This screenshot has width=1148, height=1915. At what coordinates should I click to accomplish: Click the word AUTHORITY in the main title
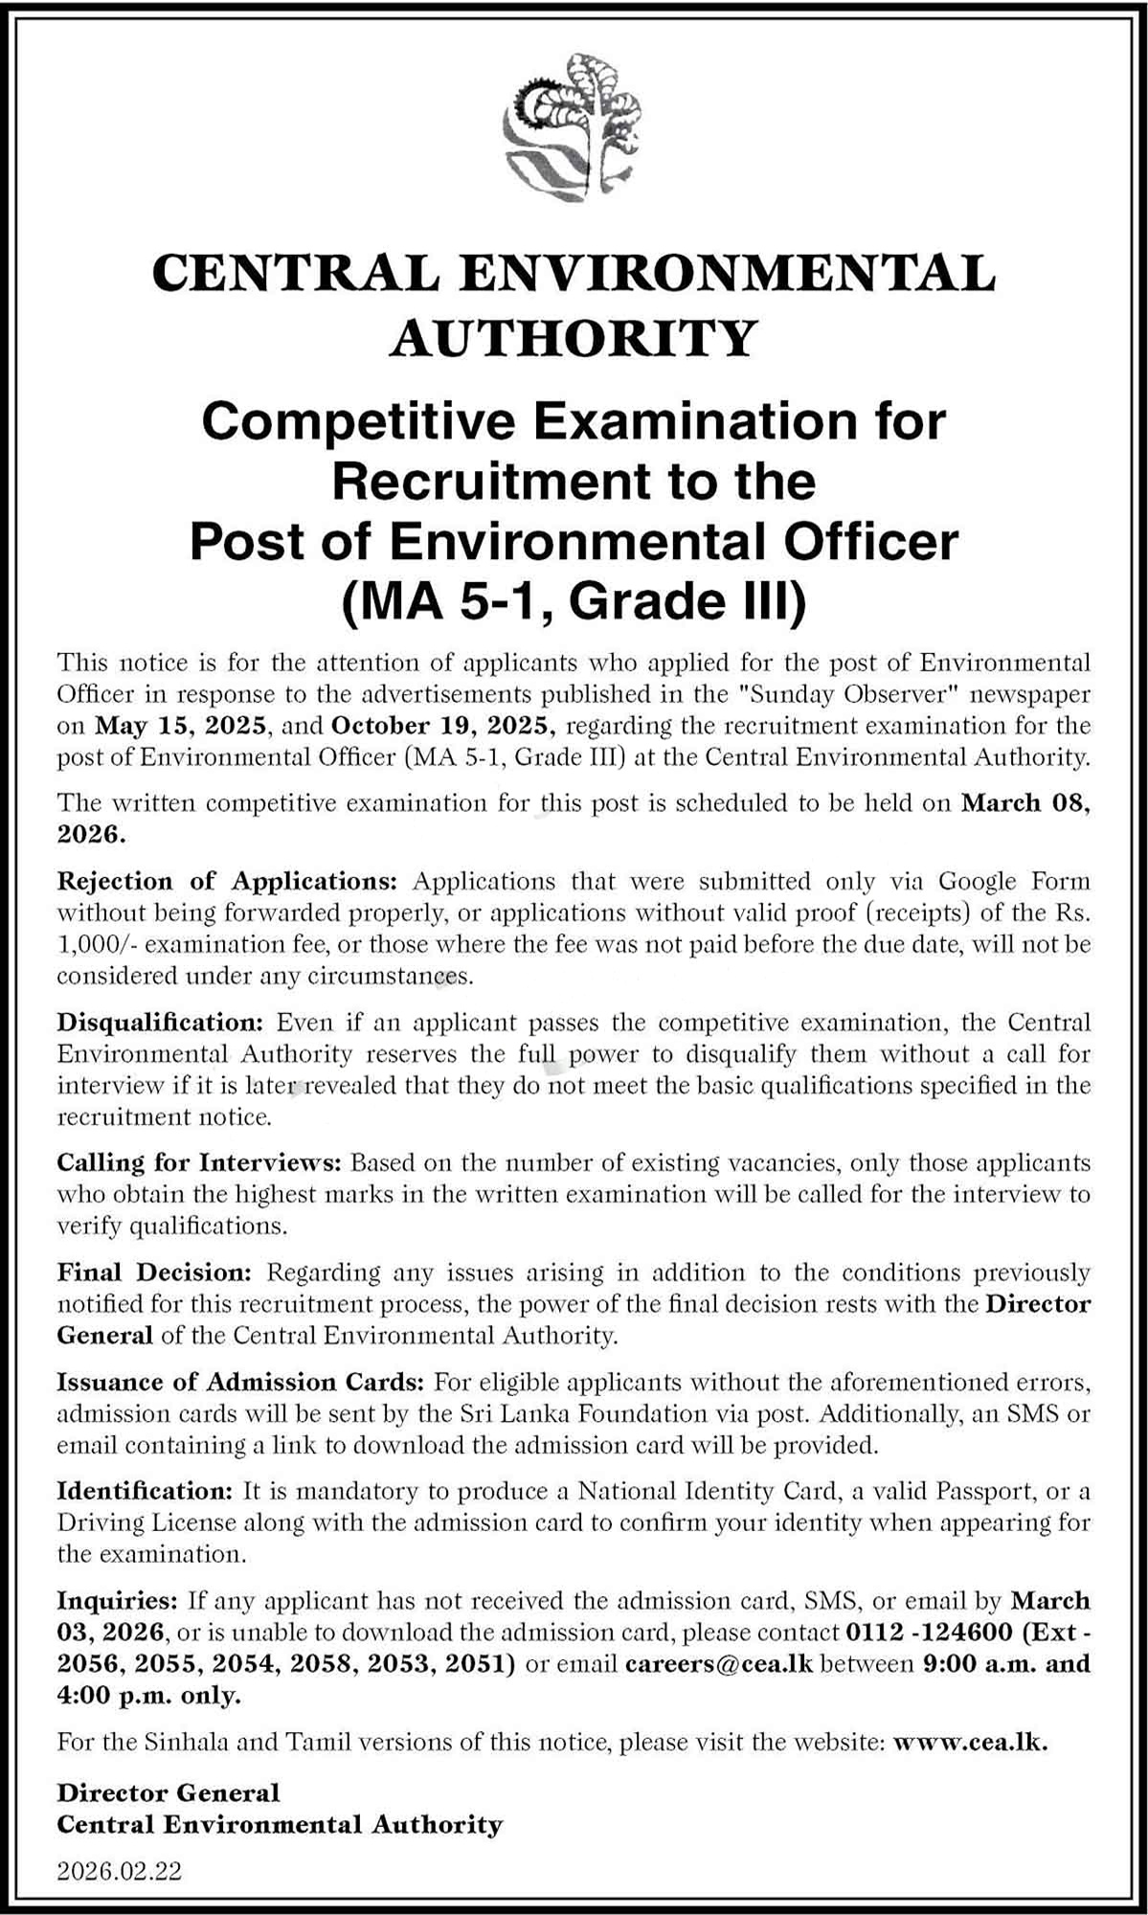click(x=574, y=338)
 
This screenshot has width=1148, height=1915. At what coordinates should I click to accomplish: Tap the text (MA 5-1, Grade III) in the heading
click(x=574, y=601)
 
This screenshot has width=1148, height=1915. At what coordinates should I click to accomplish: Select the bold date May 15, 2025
click(x=183, y=726)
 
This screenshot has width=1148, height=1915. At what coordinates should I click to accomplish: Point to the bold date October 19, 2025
click(x=444, y=726)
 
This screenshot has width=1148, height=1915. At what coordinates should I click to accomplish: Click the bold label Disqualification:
click(x=160, y=1023)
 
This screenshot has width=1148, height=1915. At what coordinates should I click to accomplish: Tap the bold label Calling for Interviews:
click(x=199, y=1163)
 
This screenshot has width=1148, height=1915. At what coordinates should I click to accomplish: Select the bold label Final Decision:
click(x=153, y=1273)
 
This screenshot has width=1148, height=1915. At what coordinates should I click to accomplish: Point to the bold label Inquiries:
click(x=118, y=1601)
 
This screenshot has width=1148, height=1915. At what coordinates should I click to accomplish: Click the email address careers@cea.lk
click(x=718, y=1664)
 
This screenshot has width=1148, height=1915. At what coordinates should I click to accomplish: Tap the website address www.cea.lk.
click(x=970, y=1742)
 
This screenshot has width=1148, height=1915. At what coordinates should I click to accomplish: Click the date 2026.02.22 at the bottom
click(x=120, y=1868)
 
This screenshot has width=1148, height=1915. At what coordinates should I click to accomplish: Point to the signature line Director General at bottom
click(x=169, y=1793)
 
